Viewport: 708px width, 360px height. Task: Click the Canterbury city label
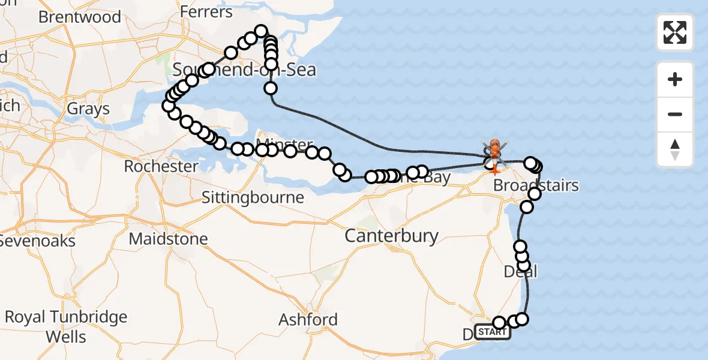point(392,236)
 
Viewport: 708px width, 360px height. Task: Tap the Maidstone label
point(169,239)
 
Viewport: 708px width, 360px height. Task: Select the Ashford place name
point(308,319)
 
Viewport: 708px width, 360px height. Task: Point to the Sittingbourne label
point(253,197)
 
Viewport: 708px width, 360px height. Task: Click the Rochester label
point(161,166)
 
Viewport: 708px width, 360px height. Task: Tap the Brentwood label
point(79,17)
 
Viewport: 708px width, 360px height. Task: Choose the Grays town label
point(88,109)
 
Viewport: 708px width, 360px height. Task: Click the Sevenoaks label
point(38,241)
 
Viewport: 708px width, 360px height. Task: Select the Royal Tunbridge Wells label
point(66,326)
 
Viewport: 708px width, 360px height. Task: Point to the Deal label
point(520,272)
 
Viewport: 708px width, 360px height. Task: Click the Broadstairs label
point(536,185)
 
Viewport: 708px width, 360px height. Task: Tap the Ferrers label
point(206,12)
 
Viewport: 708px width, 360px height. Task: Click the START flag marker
point(493,332)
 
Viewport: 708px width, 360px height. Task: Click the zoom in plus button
point(675,79)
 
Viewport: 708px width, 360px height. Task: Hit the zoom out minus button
point(675,114)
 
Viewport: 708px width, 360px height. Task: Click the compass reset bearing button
point(675,149)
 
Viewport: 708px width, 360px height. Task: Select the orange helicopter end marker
point(494,146)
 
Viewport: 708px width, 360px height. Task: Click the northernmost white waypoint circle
point(261,31)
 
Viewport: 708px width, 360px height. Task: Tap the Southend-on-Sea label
point(244,70)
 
